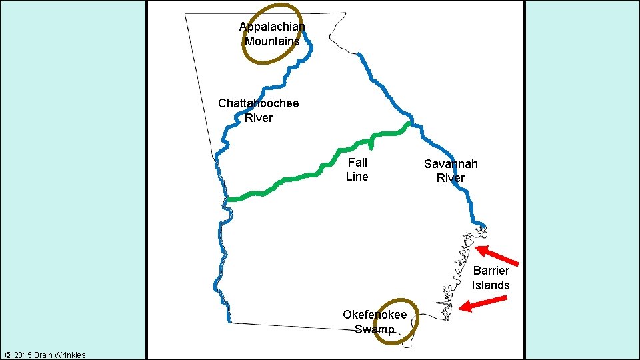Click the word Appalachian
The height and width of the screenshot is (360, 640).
(x=272, y=27)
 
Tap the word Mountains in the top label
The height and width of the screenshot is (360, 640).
(x=272, y=41)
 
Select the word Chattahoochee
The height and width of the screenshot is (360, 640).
(x=259, y=103)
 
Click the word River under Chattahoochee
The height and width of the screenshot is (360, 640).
(x=259, y=118)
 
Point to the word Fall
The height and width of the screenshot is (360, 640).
(x=357, y=162)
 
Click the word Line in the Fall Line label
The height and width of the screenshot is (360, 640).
(x=357, y=177)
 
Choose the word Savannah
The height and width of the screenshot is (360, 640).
(x=451, y=163)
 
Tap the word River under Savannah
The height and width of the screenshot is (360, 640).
(x=451, y=178)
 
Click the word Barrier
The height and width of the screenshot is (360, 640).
(x=491, y=270)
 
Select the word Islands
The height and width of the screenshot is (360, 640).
(x=491, y=285)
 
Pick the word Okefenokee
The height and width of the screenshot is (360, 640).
(x=375, y=315)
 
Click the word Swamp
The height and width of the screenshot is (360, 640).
(x=374, y=329)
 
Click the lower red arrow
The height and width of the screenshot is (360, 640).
(x=483, y=304)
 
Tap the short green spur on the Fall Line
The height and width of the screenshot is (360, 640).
(x=371, y=143)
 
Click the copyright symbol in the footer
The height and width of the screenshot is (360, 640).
(x=7, y=355)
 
